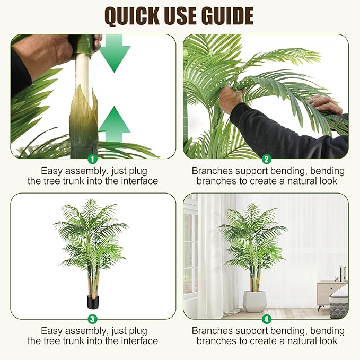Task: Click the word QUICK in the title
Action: pos(132,16)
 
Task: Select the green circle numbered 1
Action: pos(92,159)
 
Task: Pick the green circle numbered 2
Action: pos(266,159)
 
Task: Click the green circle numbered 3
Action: pos(92,319)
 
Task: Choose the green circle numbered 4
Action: pos(266,319)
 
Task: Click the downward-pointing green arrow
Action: pos(114,54)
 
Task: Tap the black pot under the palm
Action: pos(93,302)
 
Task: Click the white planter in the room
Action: pos(254,301)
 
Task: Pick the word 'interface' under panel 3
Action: pos(139,341)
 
